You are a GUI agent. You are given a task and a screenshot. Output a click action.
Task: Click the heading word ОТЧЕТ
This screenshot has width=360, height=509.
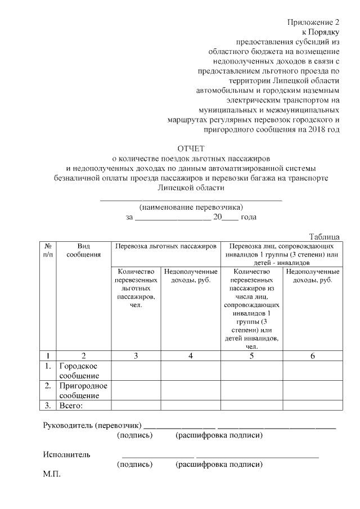point(190,148)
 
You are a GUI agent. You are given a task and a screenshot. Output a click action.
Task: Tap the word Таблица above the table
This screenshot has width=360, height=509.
point(325,237)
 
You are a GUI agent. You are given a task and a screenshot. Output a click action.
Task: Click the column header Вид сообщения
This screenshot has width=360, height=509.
point(83,250)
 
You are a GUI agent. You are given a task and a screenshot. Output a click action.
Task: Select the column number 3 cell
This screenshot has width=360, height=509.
point(137,355)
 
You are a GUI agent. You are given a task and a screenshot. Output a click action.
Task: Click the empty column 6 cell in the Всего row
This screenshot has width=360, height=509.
point(312,406)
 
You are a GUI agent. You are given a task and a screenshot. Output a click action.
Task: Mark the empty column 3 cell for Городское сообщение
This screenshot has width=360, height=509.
point(137,371)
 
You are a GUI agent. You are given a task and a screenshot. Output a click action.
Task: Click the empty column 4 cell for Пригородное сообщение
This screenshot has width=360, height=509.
point(191,390)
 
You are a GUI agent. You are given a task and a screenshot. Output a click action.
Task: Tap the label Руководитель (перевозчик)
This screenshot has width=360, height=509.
point(92,425)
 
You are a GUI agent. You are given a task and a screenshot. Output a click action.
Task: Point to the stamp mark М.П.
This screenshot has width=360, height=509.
point(52,475)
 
